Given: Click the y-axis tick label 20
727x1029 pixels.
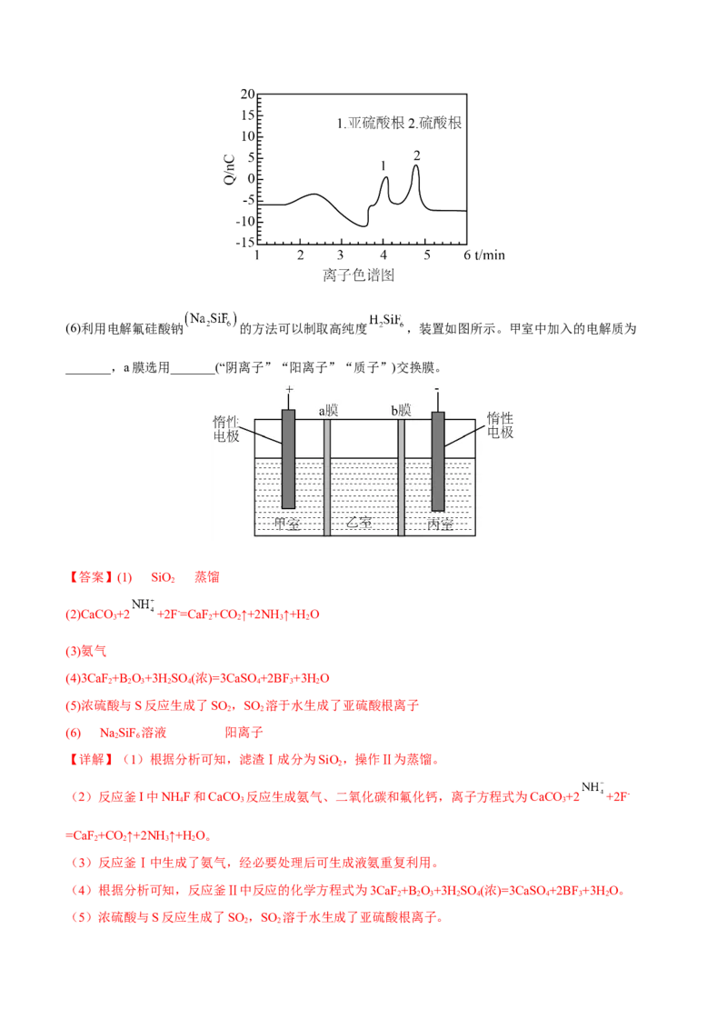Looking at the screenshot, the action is (247, 94).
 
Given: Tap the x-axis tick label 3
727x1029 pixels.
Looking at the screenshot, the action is (340, 255).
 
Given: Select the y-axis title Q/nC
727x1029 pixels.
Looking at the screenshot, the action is (229, 170).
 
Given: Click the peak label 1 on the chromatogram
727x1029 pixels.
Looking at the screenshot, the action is (383, 166).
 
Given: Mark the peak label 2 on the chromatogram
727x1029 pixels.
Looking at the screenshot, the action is (416, 155).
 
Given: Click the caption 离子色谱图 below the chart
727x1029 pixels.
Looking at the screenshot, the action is (358, 275).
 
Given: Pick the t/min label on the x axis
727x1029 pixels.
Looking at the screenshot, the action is (490, 255).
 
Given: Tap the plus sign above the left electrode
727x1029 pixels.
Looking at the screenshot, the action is (289, 390).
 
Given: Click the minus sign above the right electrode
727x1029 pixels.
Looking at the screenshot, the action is (437, 390).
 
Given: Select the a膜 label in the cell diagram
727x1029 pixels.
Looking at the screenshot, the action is (328, 411).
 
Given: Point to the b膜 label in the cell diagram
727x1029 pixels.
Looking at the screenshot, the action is (401, 411).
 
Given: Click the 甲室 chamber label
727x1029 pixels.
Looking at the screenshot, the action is (287, 524).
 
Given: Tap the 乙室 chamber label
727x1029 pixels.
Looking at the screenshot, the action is (359, 523).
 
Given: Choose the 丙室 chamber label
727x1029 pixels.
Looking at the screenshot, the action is (440, 524).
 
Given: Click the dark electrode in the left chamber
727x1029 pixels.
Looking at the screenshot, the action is (288, 459).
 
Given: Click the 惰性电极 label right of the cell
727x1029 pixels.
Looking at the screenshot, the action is (500, 425).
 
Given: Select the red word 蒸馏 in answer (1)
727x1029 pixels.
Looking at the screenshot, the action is (207, 577).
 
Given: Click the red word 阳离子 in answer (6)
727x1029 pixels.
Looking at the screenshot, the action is (244, 733).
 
